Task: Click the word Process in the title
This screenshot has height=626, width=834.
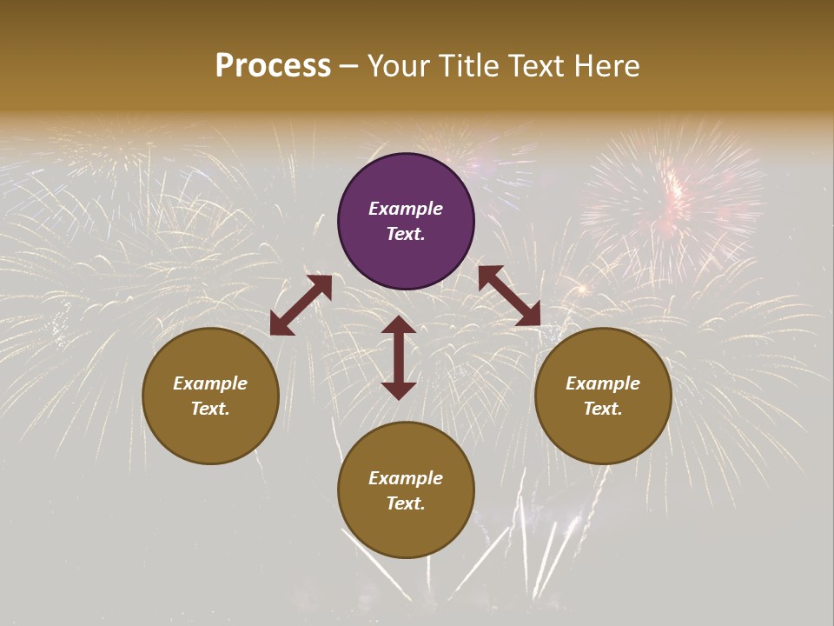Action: (x=273, y=66)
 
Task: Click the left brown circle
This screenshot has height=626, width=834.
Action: (x=210, y=396)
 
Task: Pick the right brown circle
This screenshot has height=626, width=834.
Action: (x=603, y=396)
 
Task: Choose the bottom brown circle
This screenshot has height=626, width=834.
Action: (x=406, y=489)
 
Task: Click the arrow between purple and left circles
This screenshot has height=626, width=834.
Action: (x=301, y=305)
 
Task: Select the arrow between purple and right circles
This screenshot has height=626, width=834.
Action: (x=509, y=296)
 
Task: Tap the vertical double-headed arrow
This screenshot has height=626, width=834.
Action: (x=399, y=357)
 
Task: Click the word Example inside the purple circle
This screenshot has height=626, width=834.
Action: (x=406, y=209)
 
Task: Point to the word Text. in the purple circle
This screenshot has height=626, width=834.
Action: (x=406, y=234)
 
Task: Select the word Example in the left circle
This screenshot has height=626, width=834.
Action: (x=210, y=383)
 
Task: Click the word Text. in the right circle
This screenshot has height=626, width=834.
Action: (x=603, y=409)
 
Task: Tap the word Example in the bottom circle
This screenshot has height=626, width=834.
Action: (x=406, y=478)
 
